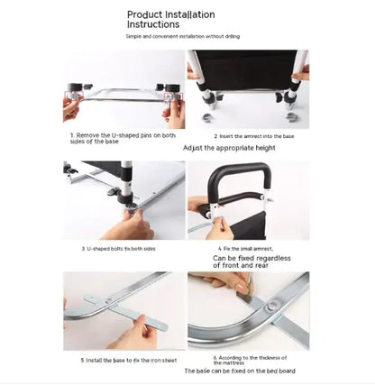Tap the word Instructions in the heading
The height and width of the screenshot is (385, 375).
(157, 26)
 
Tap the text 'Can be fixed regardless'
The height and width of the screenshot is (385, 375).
(250, 257)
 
